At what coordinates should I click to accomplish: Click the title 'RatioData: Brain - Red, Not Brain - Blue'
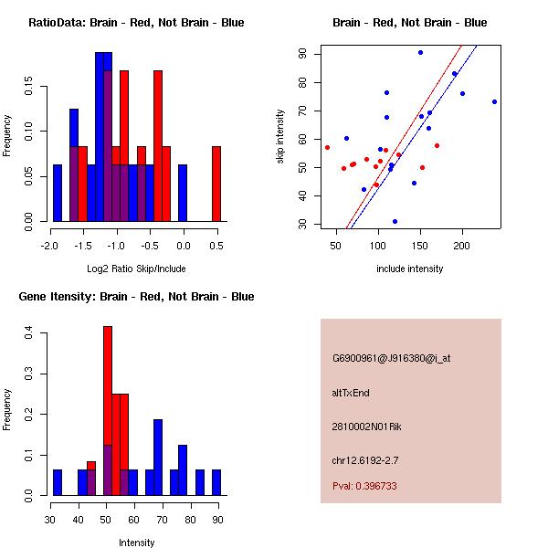[136, 23]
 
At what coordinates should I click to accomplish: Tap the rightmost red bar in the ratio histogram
[216, 184]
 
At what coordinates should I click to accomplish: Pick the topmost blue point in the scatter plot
[420, 52]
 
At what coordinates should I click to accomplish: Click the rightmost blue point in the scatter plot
[494, 101]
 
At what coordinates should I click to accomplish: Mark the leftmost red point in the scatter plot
[327, 147]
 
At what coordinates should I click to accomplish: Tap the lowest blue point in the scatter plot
[395, 221]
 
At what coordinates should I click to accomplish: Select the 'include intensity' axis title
[409, 269]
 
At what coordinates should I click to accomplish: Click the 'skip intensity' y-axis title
[282, 137]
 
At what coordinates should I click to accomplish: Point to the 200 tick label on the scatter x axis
[462, 246]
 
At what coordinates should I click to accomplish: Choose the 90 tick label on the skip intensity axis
[301, 54]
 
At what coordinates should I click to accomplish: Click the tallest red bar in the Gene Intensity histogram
[108, 410]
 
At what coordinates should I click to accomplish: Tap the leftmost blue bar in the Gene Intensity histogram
[57, 482]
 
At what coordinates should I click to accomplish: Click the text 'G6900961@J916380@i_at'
[391, 358]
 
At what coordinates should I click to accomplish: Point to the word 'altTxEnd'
[349, 392]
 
